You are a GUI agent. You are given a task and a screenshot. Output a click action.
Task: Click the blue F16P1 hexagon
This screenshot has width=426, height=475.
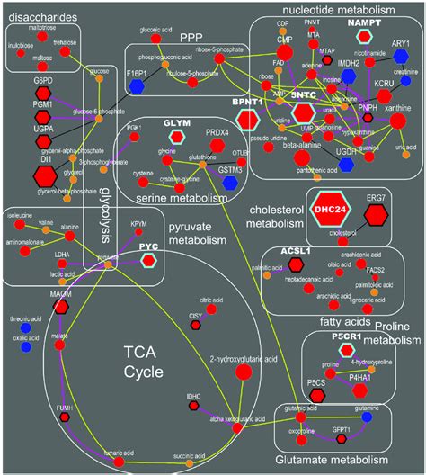pos(138,85)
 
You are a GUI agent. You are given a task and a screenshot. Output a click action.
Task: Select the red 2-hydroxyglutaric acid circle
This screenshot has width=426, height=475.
pos(243,372)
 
